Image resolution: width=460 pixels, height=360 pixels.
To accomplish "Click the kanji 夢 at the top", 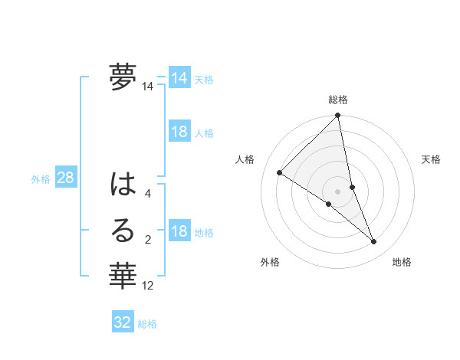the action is pyautogui.click(x=123, y=77).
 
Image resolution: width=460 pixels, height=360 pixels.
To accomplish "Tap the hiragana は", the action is pyautogui.click(x=123, y=185).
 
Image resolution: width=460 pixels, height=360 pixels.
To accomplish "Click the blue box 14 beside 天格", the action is pyautogui.click(x=179, y=78).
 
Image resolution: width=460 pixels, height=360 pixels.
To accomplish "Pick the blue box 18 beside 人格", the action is pyautogui.click(x=179, y=132).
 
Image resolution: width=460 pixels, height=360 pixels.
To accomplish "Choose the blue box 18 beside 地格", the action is pyautogui.click(x=179, y=232).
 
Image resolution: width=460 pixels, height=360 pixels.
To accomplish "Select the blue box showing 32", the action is pyautogui.click(x=123, y=322).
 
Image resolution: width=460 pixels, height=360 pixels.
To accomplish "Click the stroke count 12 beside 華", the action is pyautogui.click(x=148, y=286).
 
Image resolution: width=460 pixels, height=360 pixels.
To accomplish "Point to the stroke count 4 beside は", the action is pyautogui.click(x=148, y=194).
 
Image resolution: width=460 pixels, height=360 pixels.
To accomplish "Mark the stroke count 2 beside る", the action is pyautogui.click(x=148, y=240).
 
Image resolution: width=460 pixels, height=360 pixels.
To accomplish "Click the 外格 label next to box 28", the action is pyautogui.click(x=41, y=179).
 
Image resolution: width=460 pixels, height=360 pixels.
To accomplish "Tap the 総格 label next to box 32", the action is pyautogui.click(x=147, y=323).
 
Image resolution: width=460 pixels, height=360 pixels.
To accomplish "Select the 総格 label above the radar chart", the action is pyautogui.click(x=338, y=100).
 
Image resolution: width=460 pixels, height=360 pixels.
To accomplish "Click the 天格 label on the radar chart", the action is pyautogui.click(x=432, y=159).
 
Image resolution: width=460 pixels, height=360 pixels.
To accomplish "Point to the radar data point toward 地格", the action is pyautogui.click(x=374, y=242).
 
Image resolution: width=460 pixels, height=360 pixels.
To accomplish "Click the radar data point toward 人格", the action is pyautogui.click(x=280, y=173).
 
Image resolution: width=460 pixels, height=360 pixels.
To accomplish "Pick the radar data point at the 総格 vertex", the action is pyautogui.click(x=338, y=116).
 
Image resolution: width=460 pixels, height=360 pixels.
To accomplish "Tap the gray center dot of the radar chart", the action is pyautogui.click(x=337, y=190).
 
